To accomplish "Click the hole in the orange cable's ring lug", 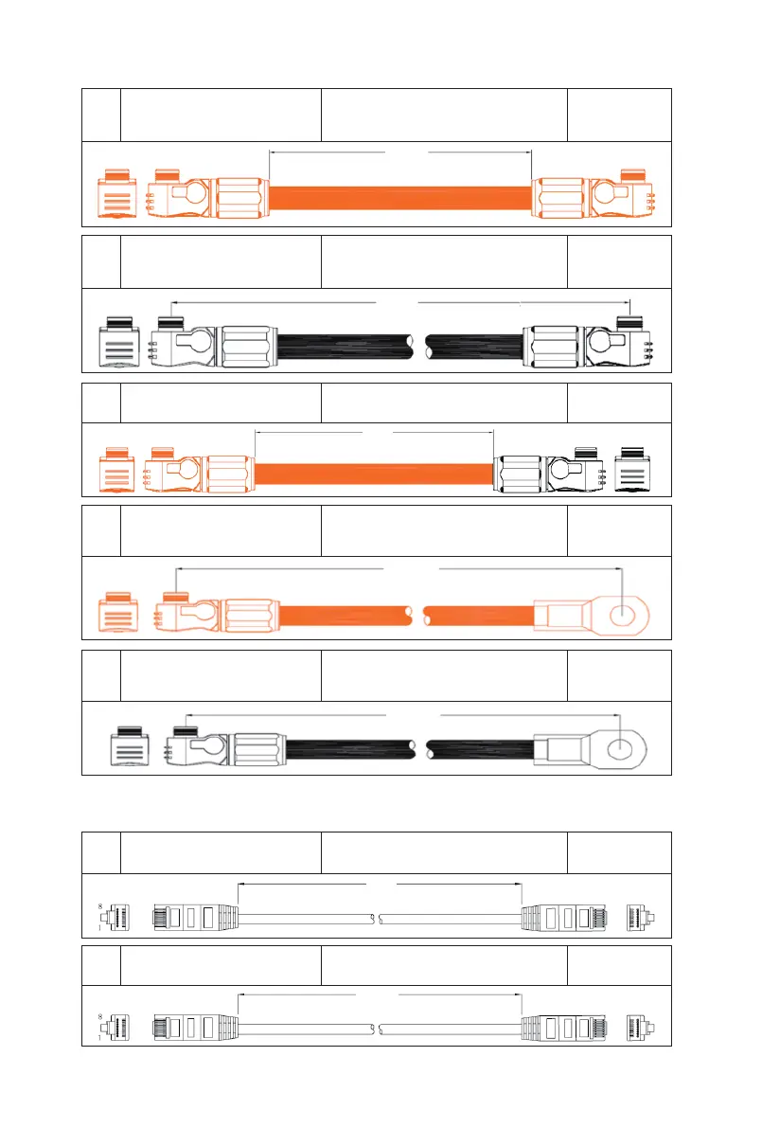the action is pyautogui.click(x=622, y=613).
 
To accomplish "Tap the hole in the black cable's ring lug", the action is pyautogui.click(x=620, y=749).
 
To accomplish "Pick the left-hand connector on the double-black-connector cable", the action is pyautogui.click(x=213, y=343).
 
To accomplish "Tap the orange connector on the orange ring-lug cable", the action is pyautogui.click(x=218, y=613).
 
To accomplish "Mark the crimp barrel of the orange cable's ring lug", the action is pyautogui.click(x=560, y=615).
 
